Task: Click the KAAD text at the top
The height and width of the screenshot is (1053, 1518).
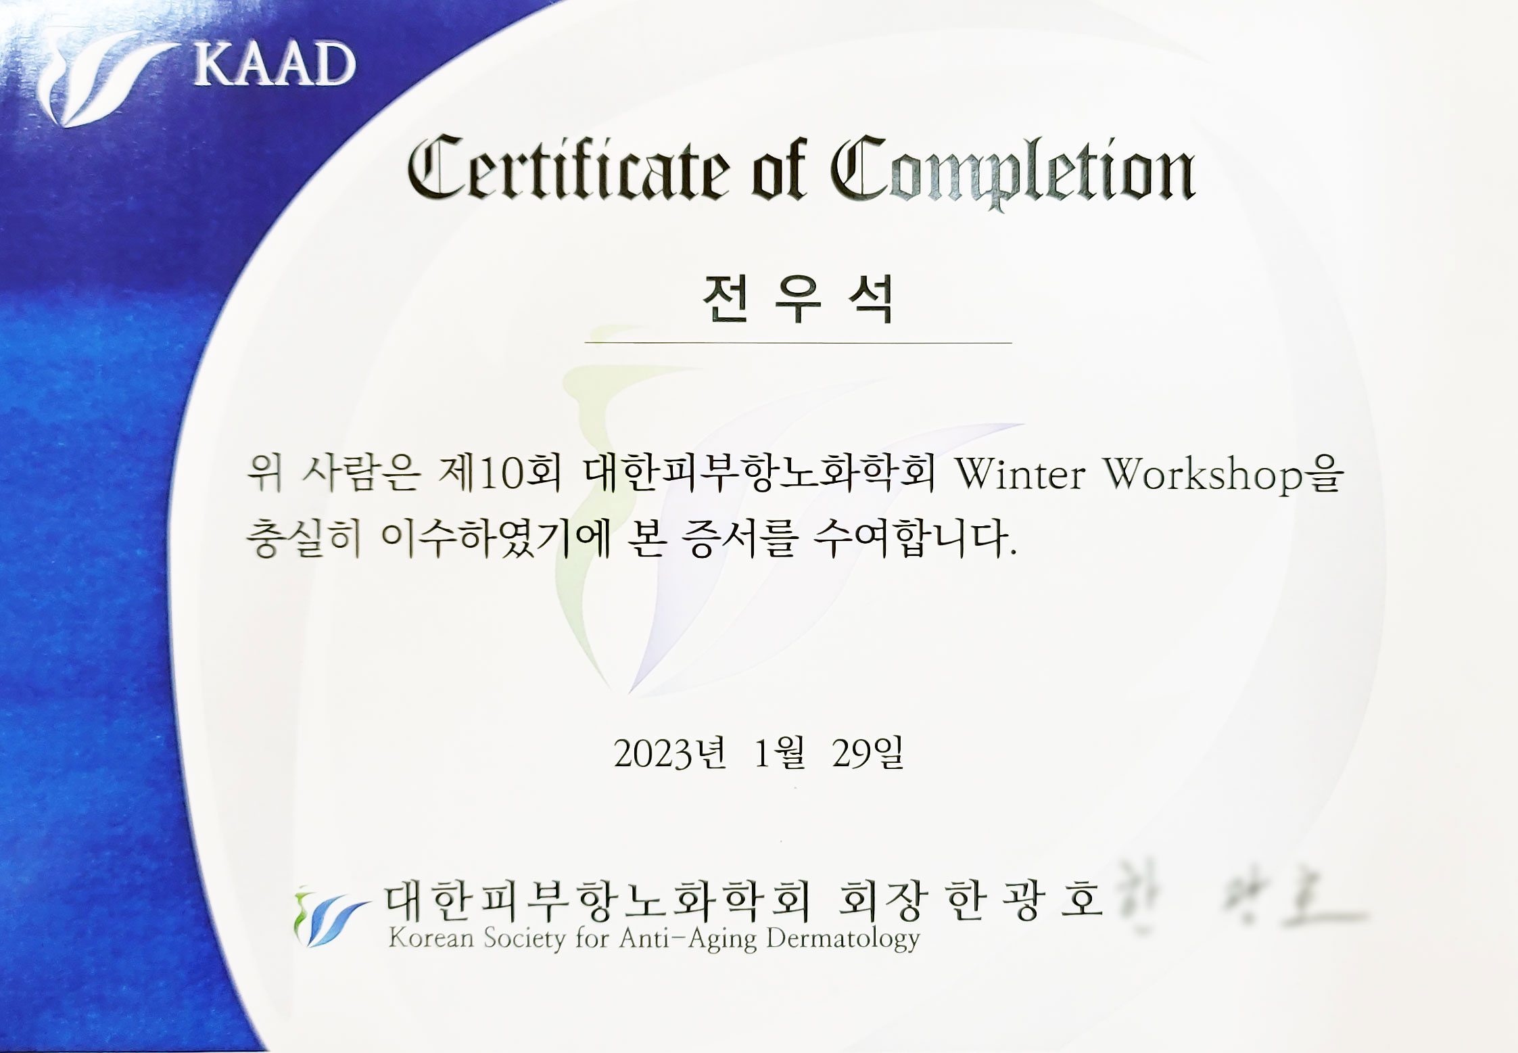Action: (x=274, y=65)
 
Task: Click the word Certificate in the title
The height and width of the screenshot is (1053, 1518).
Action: (x=569, y=169)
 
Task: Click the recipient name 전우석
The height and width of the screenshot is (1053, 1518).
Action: (x=798, y=300)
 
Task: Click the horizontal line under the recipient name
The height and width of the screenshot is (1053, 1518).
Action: (x=798, y=344)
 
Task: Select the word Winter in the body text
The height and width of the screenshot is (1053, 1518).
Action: (x=1020, y=475)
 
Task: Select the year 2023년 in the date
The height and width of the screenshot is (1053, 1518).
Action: (x=669, y=753)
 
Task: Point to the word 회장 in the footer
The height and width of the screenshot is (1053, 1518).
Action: (x=879, y=902)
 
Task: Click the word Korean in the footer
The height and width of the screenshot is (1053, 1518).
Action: (x=430, y=939)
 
